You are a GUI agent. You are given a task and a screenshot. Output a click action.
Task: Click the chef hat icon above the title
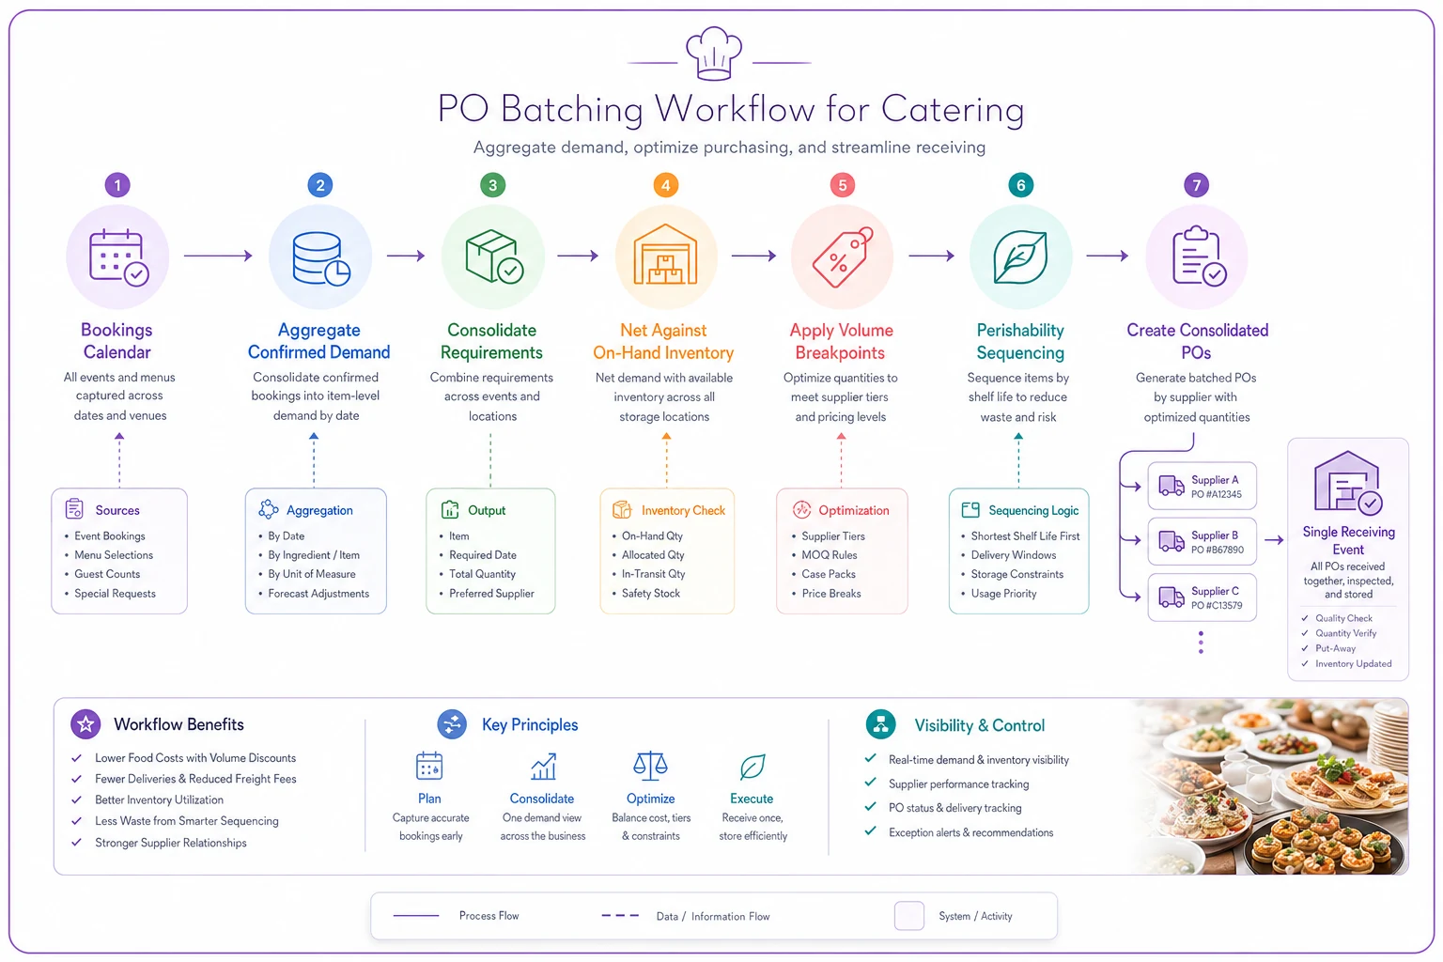tap(714, 54)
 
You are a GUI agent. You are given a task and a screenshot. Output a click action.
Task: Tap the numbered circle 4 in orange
tap(665, 186)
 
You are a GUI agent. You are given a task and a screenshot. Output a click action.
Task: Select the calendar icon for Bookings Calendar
tap(118, 256)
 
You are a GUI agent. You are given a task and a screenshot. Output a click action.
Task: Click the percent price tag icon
tap(842, 256)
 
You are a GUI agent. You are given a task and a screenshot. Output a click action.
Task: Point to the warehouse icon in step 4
tap(665, 255)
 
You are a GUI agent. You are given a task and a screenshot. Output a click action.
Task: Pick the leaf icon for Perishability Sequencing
tap(1020, 256)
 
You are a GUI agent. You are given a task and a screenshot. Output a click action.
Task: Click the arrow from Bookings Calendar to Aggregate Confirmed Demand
tap(218, 256)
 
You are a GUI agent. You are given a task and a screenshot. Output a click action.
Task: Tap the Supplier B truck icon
tap(1171, 541)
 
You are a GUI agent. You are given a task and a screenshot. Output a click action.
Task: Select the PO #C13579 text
tap(1217, 605)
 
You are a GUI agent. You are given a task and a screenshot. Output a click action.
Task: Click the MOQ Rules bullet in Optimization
tap(829, 555)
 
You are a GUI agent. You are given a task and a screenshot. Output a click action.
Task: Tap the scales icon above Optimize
tap(650, 767)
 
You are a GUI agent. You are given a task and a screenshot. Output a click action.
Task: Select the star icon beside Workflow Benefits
tap(85, 724)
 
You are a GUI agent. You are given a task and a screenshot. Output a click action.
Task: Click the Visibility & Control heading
tap(979, 725)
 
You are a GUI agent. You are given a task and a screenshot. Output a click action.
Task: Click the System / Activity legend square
tap(909, 916)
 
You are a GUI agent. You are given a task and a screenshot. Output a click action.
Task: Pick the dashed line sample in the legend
tap(620, 916)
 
